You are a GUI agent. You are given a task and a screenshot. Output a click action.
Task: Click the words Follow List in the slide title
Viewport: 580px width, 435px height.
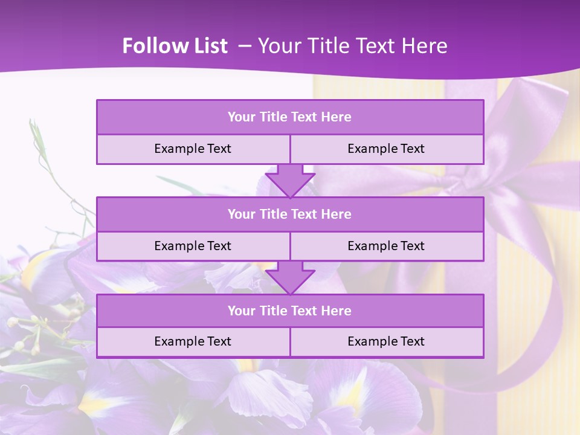coord(175,46)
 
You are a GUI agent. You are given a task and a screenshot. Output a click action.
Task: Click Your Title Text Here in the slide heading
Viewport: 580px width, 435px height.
coord(352,46)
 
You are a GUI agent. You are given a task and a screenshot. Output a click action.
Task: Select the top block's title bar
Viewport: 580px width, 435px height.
coord(290,117)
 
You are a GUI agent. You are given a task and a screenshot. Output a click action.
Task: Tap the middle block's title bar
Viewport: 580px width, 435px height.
coord(290,214)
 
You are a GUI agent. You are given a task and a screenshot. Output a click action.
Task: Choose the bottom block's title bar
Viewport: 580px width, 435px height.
coord(290,311)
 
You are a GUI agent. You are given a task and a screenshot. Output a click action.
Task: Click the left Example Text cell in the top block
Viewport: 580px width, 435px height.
coord(193,149)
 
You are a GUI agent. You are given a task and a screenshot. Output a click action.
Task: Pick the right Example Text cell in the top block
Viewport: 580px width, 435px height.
coord(386,149)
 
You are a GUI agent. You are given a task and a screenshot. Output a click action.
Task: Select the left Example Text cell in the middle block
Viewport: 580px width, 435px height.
coord(193,246)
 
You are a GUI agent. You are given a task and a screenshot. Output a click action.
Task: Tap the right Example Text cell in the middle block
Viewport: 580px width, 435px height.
coord(386,246)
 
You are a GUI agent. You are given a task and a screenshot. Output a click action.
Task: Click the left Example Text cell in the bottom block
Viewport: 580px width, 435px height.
coord(193,341)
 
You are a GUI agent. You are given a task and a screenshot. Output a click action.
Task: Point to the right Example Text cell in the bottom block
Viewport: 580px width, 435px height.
coord(386,341)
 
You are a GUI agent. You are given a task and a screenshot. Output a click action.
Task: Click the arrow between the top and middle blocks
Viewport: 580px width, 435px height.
coord(290,181)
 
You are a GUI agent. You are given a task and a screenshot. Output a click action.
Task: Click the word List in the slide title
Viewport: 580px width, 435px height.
coord(207,46)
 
